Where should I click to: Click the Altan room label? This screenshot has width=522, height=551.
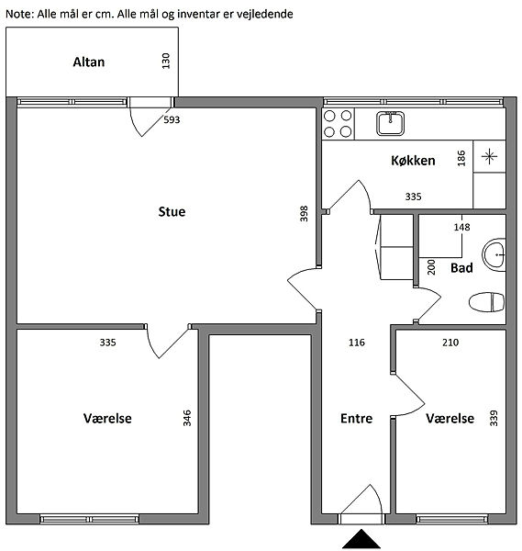(89, 62)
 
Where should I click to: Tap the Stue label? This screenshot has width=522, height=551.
(172, 211)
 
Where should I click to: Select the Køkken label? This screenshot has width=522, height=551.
(413, 161)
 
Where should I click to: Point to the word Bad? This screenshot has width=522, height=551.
(461, 268)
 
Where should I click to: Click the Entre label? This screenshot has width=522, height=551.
(356, 418)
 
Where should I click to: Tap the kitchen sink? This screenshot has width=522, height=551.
(391, 123)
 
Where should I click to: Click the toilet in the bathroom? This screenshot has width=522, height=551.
(486, 302)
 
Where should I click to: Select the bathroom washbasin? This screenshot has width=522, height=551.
(494, 254)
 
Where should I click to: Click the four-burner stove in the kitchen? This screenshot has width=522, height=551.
(338, 124)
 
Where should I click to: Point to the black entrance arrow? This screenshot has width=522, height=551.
(361, 539)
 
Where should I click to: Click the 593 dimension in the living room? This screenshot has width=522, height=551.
(172, 119)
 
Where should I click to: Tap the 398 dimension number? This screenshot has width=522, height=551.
(304, 214)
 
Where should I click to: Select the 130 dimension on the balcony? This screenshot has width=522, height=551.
(166, 61)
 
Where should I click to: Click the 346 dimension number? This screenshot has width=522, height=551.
(187, 418)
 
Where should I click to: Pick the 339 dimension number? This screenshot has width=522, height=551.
(494, 418)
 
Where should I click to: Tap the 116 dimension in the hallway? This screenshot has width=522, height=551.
(357, 343)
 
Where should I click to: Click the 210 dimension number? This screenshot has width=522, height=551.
(450, 343)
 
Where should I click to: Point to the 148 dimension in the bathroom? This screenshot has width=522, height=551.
(461, 227)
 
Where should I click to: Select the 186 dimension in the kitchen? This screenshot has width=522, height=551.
(461, 158)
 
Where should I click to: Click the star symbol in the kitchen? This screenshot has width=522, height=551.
(489, 156)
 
